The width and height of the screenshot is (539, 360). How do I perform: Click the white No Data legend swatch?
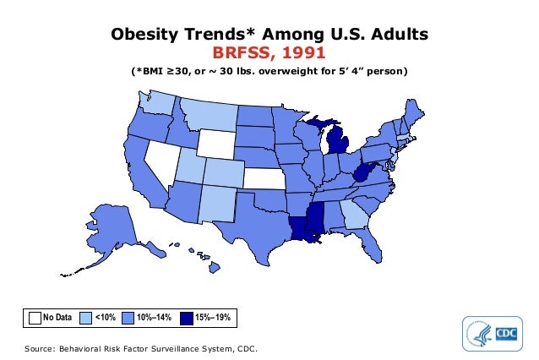[x=35, y=318]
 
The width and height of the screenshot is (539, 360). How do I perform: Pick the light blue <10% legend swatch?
[x=85, y=318]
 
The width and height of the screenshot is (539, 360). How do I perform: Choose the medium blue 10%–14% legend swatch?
[x=128, y=318]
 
